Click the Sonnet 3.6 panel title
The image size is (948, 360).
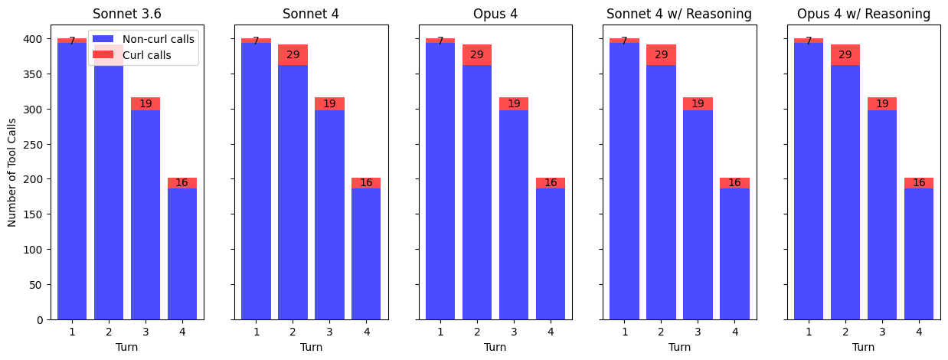[127, 14]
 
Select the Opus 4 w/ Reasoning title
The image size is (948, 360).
[863, 14]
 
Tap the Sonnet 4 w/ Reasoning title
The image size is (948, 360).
[679, 14]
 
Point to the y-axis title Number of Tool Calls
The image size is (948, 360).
[11, 172]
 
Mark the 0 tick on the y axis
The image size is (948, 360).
[40, 320]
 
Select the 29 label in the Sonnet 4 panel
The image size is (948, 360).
[293, 54]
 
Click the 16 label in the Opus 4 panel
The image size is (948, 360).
[550, 182]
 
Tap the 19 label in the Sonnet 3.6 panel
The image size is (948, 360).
[145, 103]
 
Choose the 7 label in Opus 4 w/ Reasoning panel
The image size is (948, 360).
[809, 41]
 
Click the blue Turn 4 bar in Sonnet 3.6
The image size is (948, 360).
[182, 254]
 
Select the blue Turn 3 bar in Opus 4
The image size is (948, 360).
[513, 214]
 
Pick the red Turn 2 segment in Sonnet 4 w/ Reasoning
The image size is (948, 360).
[661, 54]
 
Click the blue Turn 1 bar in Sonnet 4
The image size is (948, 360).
[256, 182]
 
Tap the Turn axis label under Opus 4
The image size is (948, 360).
[495, 347]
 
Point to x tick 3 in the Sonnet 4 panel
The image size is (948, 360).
[329, 332]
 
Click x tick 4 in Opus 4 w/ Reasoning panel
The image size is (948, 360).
[919, 332]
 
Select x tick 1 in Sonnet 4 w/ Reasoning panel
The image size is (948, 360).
[625, 332]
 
